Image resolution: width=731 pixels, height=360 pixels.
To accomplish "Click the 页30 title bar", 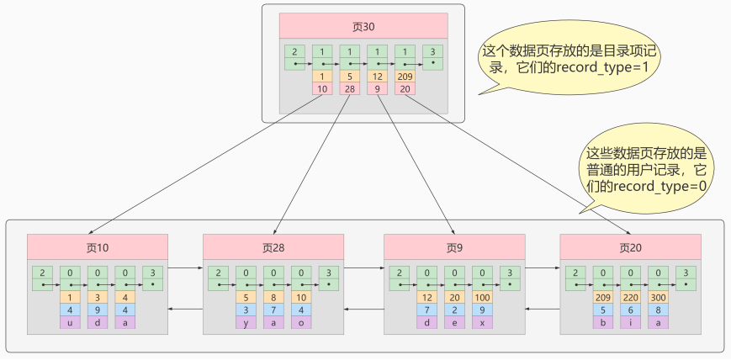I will click(x=363, y=26).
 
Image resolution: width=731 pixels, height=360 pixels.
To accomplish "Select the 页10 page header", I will click(x=98, y=247).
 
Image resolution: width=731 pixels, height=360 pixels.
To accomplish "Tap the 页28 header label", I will click(x=273, y=247).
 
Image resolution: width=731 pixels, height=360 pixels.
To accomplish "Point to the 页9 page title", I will click(x=454, y=247).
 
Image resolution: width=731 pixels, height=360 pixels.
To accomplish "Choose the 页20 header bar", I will click(x=630, y=247).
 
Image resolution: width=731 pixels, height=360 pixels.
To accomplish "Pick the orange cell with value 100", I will click(x=482, y=296).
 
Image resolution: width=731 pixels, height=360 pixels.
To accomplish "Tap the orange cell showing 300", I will click(x=659, y=296).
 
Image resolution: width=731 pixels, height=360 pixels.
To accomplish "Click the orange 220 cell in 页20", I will click(x=631, y=296).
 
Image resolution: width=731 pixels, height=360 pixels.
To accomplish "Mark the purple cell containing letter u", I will click(x=71, y=322).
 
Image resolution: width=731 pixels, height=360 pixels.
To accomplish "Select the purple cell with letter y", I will click(x=246, y=322).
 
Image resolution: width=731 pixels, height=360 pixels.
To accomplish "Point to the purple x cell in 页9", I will click(x=482, y=322).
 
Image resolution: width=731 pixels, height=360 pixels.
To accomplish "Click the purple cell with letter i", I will click(x=631, y=322).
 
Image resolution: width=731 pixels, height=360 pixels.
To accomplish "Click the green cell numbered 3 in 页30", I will click(x=432, y=56).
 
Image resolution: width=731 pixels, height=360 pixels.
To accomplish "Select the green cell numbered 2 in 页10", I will click(x=43, y=278).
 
